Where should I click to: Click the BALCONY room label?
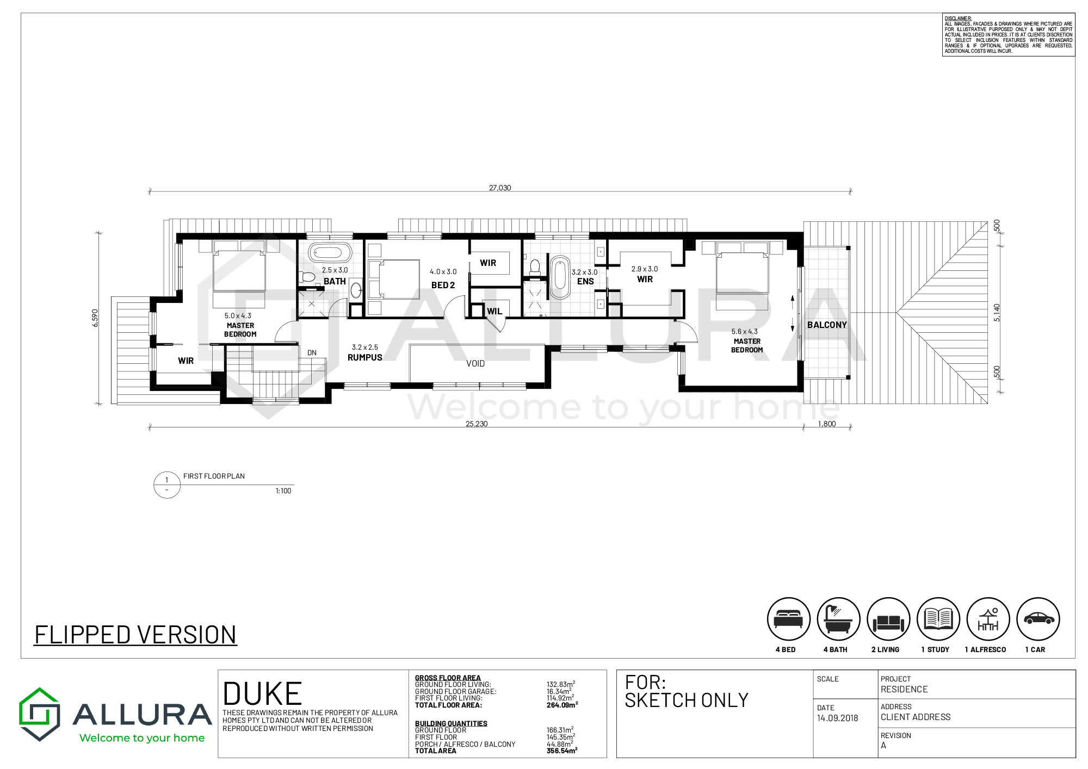(827, 325)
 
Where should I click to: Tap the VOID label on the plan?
(475, 363)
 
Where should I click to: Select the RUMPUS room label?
(365, 357)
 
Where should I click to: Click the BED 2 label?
(443, 285)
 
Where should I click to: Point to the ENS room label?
(585, 281)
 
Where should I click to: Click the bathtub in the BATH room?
(330, 253)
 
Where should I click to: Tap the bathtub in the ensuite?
(560, 277)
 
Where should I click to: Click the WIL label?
(494, 311)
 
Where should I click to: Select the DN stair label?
(312, 352)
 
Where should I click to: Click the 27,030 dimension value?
(500, 188)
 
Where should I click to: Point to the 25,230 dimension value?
(477, 424)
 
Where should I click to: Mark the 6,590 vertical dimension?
(95, 318)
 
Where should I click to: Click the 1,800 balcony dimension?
(827, 424)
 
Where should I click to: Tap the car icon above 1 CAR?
(1038, 619)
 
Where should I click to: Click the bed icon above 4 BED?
(788, 619)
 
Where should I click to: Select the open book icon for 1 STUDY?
(938, 619)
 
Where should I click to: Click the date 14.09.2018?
(837, 718)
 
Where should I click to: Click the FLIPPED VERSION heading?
(135, 635)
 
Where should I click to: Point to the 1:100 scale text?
(283, 491)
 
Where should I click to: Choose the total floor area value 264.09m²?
(562, 705)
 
